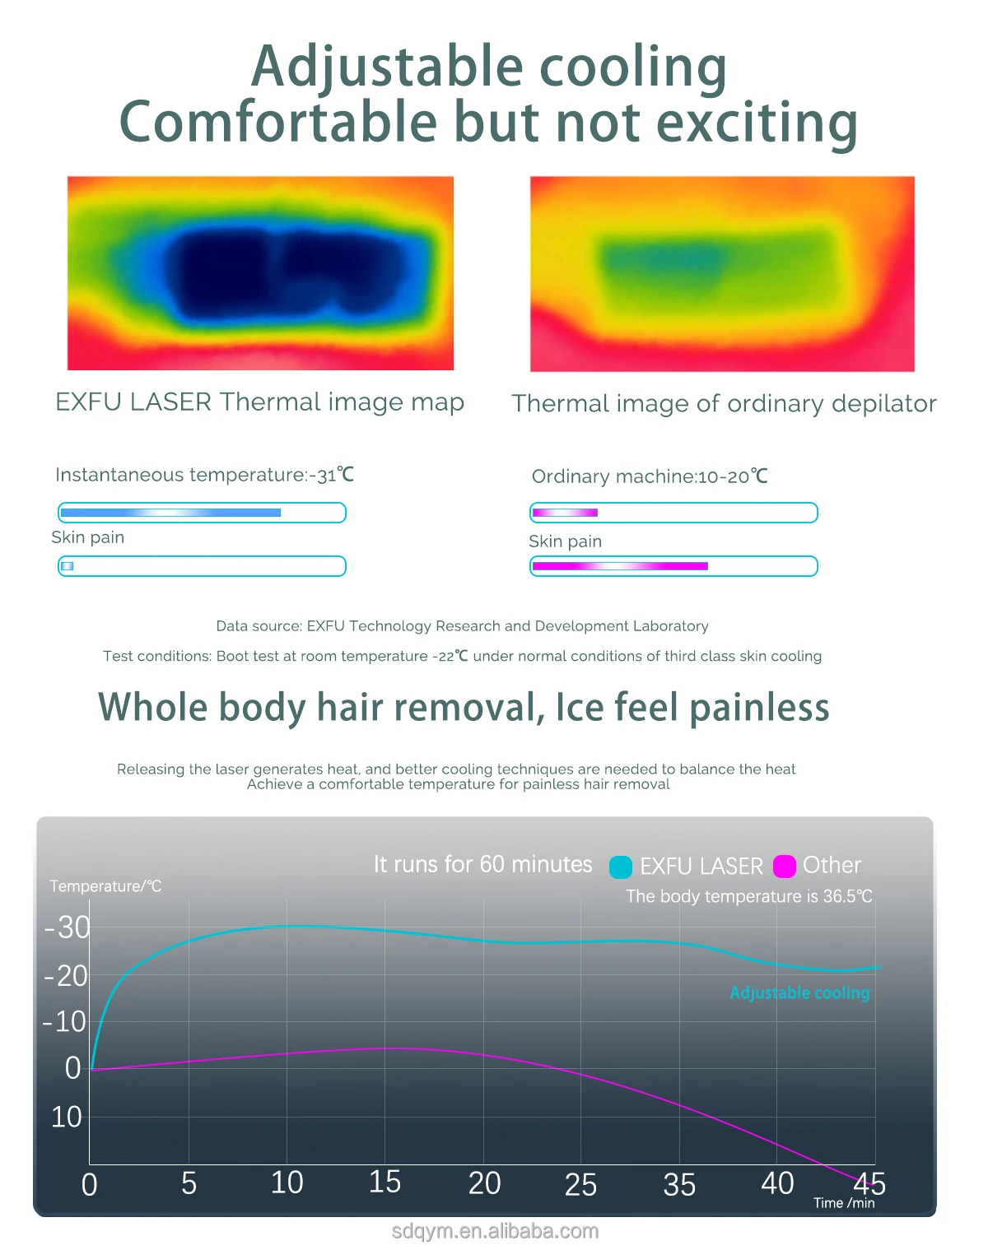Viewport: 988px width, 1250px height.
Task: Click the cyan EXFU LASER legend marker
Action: [620, 867]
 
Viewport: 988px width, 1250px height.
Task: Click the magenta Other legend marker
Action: [784, 867]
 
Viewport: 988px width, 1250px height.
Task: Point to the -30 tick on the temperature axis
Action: [68, 927]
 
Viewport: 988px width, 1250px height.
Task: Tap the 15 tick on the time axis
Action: [384, 1182]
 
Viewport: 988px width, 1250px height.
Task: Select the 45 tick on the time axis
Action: [869, 1184]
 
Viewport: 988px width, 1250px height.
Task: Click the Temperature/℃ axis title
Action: [105, 886]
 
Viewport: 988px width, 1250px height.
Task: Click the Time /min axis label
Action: [844, 1203]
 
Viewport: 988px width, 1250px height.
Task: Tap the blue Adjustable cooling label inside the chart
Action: [799, 992]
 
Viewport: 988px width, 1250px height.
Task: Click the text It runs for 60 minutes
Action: [482, 864]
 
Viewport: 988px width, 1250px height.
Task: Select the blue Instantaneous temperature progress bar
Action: [170, 513]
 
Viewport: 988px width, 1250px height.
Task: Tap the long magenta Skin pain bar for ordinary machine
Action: [620, 566]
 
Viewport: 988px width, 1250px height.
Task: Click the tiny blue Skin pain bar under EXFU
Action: [68, 566]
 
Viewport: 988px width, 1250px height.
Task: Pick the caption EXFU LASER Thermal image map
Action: [259, 402]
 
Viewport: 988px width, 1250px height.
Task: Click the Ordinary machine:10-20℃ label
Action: [649, 476]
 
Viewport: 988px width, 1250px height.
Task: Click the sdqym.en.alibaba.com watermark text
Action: [494, 1231]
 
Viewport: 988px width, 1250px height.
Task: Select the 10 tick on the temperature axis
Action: [66, 1117]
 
